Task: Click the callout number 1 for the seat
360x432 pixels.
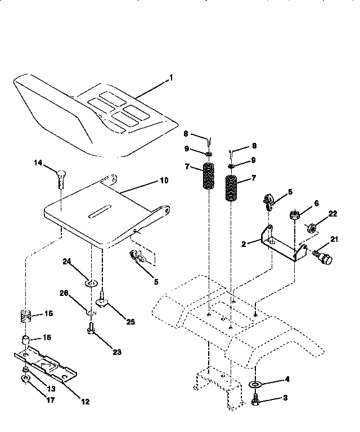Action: pyautogui.click(x=172, y=76)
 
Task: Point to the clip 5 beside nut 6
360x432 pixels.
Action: pyautogui.click(x=268, y=201)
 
